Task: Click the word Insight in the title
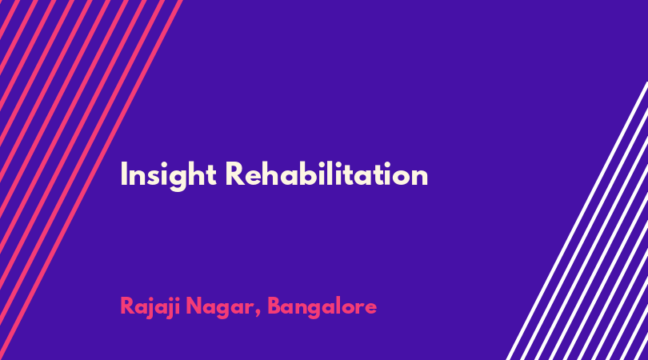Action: pos(168,175)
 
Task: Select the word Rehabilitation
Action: pos(326,174)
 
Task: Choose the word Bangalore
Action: pos(322,307)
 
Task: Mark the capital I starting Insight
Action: pos(123,174)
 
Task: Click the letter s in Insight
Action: pos(155,177)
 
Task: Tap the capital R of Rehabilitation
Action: pos(235,174)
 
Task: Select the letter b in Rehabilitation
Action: pos(314,174)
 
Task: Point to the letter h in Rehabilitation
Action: pos(273,174)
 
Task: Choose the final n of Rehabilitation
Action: pos(420,177)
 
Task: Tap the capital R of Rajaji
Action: pos(128,306)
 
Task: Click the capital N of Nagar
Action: pos(194,306)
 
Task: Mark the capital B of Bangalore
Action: pos(274,306)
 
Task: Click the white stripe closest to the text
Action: pos(577,221)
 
